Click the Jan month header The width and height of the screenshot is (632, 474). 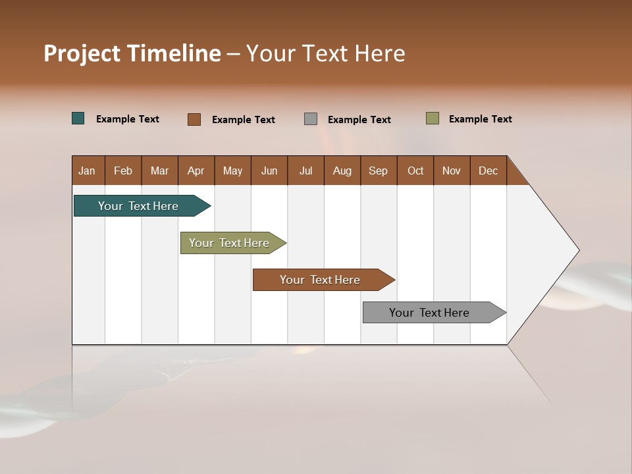(x=87, y=171)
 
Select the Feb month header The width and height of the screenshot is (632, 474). (x=123, y=171)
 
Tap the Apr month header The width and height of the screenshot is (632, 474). (x=196, y=171)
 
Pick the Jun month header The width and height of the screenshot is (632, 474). (x=269, y=171)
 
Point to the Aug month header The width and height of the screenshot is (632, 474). (x=342, y=171)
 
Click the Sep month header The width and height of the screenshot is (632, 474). (x=379, y=171)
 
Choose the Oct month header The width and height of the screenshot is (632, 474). (x=415, y=171)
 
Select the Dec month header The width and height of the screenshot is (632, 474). (x=488, y=171)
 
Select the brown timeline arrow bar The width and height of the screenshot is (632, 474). (x=321, y=280)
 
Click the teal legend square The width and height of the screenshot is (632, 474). (x=78, y=118)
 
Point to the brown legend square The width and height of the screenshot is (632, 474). (x=194, y=119)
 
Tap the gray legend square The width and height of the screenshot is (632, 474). (x=311, y=119)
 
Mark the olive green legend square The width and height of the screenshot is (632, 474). (x=433, y=118)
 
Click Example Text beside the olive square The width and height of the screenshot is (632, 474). (x=480, y=119)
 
